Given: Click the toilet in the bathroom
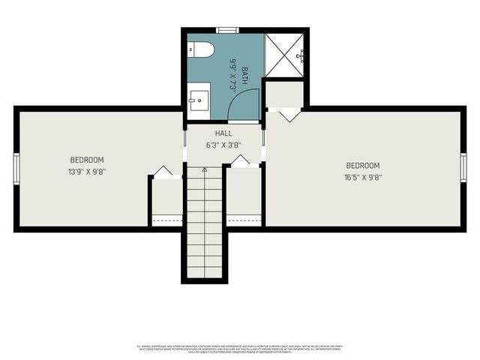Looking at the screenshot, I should pos(202,50).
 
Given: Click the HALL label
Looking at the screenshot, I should pos(223,133).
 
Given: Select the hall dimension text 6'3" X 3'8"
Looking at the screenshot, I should pos(223,145).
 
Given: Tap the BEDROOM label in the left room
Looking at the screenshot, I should pos(87,160).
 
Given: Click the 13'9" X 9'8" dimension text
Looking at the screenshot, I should pos(87,171).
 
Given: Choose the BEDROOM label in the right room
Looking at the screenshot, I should pos(362,166).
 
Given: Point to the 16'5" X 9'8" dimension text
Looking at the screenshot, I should pos(362,178).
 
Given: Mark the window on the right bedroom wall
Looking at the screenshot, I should pos(463,167).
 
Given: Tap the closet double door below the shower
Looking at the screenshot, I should pos(285,115).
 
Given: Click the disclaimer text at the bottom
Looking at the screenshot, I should pos(240,349).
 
